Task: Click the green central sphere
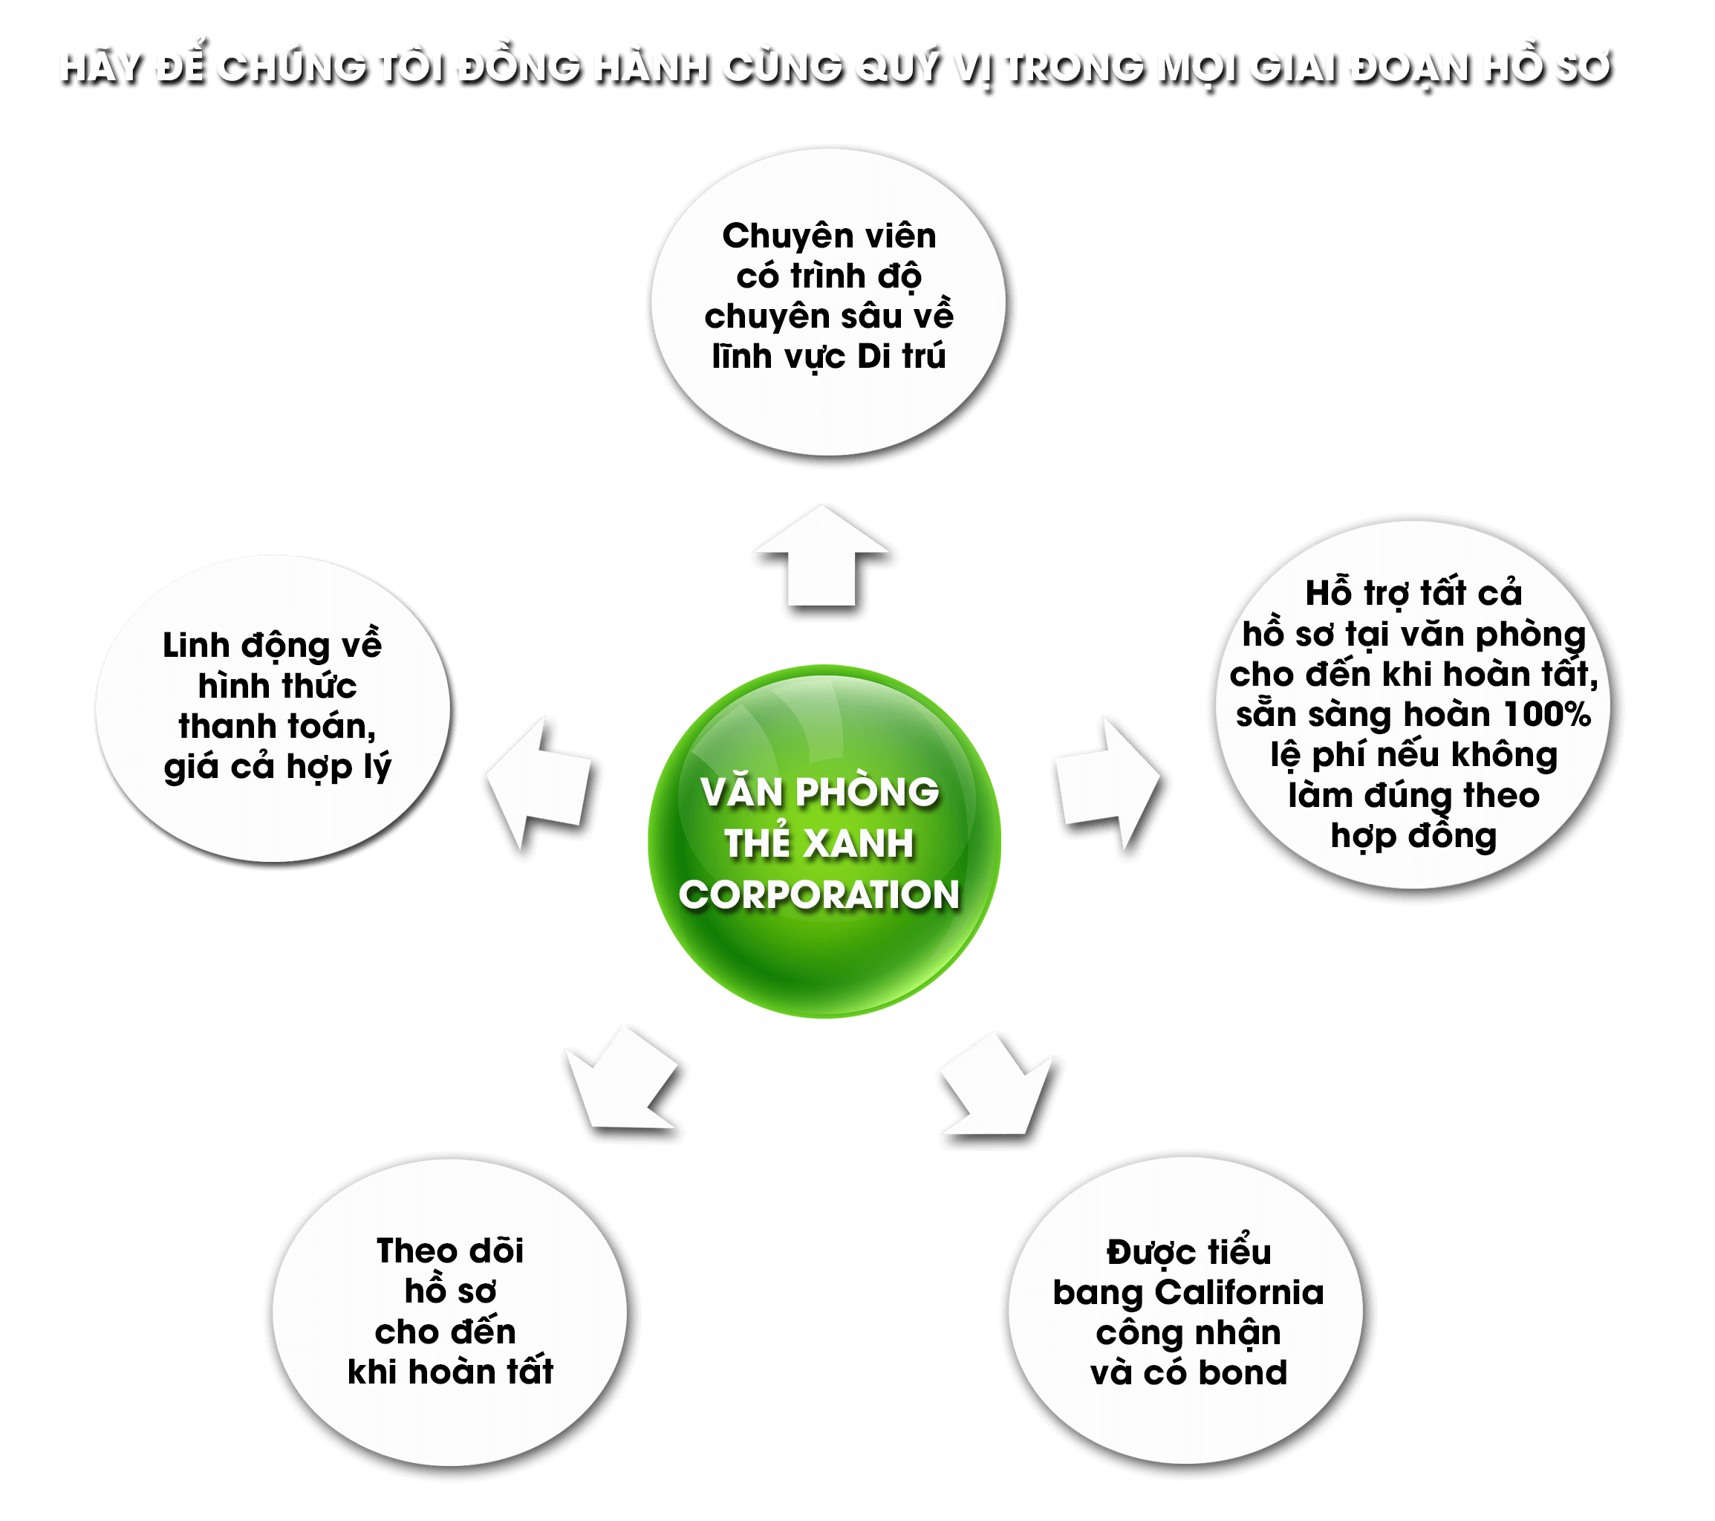pos(824,841)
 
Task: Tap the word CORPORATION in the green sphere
pos(819,895)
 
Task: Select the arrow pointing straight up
pos(821,556)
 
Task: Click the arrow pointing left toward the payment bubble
pos(538,781)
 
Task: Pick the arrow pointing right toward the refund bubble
pos(1107,783)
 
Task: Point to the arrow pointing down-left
pos(622,1080)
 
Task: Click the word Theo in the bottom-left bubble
pos(408,1251)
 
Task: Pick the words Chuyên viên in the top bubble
pos(829,236)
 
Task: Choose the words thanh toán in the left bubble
pos(277,727)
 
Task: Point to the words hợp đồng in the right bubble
pos(1413,837)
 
